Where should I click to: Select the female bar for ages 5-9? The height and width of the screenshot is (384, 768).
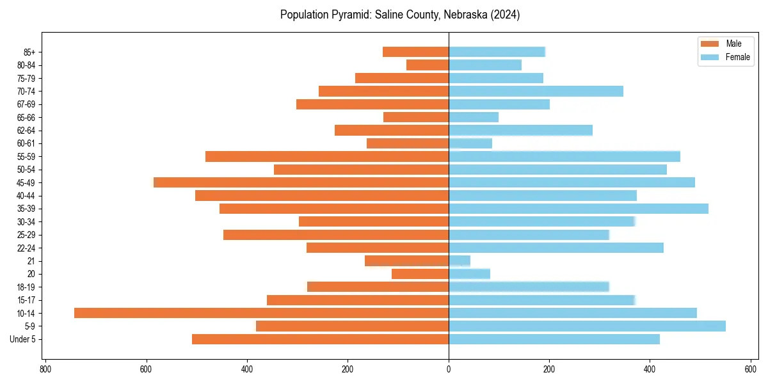[x=587, y=326]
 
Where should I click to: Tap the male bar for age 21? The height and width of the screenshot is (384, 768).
[x=406, y=260]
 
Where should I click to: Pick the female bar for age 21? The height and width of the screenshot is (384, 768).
[x=460, y=260]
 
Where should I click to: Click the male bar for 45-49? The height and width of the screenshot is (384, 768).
[x=301, y=182]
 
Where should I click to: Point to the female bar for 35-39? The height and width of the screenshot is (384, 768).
[x=579, y=209]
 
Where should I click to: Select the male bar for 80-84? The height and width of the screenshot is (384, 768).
[x=428, y=65]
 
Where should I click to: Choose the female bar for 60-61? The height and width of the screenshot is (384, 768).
[x=470, y=143]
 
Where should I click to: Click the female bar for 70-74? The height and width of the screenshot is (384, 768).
[x=536, y=91]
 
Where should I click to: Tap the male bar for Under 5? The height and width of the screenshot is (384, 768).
[x=320, y=339]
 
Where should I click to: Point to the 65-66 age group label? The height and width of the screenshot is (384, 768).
[x=26, y=117]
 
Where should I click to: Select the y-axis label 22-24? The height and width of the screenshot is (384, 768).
[x=26, y=248]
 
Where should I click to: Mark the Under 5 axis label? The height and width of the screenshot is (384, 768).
[x=22, y=339]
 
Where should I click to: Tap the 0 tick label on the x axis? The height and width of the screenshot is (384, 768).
[x=449, y=369]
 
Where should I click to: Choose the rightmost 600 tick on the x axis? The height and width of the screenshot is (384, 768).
[x=751, y=369]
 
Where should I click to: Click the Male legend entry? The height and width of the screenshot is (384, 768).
[x=733, y=44]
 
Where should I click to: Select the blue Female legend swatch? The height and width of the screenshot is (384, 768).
[x=710, y=57]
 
